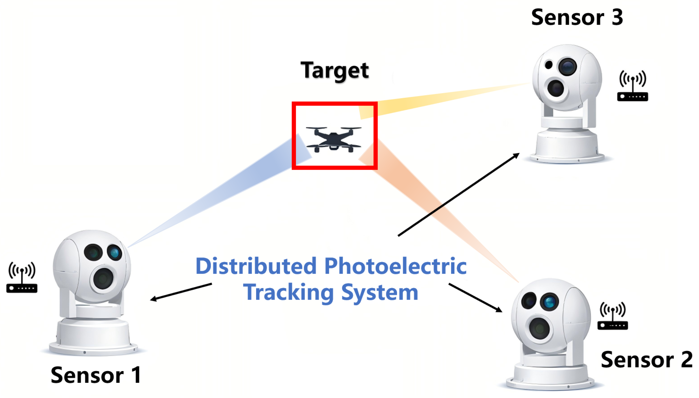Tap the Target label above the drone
tap(334, 70)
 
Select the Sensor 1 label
tap(96, 375)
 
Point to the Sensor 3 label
tap(577, 18)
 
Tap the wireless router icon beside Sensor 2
tap(612, 316)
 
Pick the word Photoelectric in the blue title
tap(395, 266)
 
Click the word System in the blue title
tap(380, 293)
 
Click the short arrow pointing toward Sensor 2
tap(475, 297)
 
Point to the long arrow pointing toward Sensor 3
tap(458, 195)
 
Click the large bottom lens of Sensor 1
tap(103, 279)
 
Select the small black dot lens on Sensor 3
tap(548, 65)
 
